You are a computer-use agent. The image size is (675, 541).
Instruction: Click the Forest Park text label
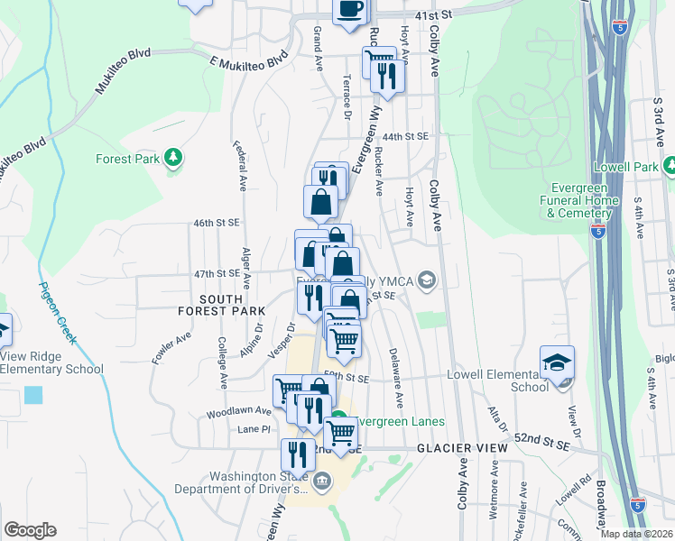[127, 160]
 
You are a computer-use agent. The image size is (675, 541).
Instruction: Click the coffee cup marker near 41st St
[350, 10]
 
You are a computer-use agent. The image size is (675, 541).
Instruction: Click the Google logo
[31, 529]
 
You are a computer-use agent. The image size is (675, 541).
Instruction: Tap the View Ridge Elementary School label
[51, 362]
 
